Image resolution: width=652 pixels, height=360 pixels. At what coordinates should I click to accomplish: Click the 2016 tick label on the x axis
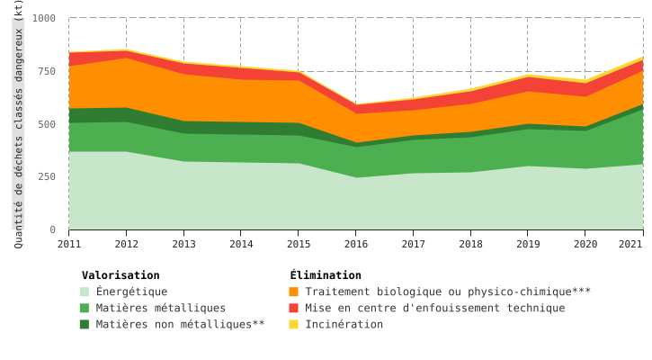[x=356, y=244]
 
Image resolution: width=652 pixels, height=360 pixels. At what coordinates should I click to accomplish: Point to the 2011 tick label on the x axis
[x=69, y=244]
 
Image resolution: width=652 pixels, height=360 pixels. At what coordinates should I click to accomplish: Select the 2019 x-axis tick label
[x=528, y=244]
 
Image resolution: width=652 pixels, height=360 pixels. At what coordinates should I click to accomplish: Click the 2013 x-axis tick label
[x=184, y=244]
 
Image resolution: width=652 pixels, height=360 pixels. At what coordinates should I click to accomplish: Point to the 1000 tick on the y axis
[x=44, y=18]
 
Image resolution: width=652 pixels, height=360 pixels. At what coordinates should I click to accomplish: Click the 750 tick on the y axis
[x=47, y=71]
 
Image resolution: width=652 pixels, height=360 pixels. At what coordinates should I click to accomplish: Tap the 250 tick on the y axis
[x=47, y=177]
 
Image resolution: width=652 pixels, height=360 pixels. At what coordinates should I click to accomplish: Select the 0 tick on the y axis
[x=52, y=230]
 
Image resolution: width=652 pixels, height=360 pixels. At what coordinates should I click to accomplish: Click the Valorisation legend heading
[x=121, y=275]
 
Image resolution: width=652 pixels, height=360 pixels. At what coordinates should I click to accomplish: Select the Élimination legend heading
[x=326, y=275]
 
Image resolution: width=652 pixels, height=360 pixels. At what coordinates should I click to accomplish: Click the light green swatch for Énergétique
[x=85, y=292]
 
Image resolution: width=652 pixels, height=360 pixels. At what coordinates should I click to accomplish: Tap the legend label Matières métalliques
[x=161, y=308]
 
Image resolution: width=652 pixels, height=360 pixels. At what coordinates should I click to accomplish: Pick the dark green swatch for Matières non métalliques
[x=85, y=324]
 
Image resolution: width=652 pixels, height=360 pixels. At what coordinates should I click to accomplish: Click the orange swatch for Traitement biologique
[x=294, y=292]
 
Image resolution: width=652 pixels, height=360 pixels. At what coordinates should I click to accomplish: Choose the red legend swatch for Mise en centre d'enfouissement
[x=294, y=308]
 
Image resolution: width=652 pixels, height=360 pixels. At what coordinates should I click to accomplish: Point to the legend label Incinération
[x=344, y=324]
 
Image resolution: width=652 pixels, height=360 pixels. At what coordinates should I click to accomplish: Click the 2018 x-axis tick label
[x=470, y=244]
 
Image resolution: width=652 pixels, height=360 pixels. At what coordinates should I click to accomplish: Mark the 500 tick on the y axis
[x=47, y=124]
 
